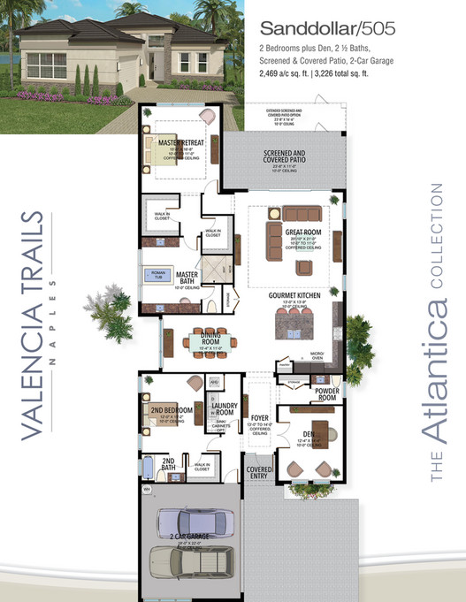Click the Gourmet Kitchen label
pos(295,297)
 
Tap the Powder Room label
pos(327,394)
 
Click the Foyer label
pos(258,419)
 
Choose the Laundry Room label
pos(224,408)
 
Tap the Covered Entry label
pos(259,473)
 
